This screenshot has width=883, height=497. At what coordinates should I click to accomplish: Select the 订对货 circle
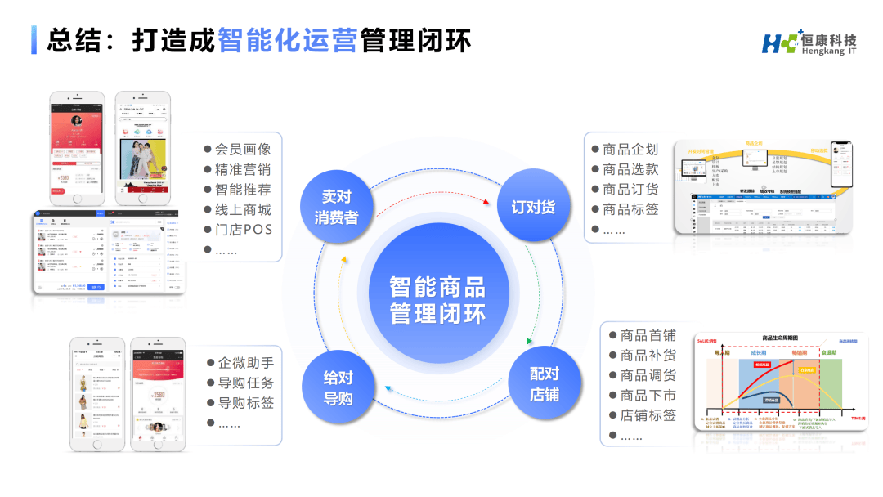click(x=533, y=207)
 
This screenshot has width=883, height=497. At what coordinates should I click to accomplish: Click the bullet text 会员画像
click(x=242, y=150)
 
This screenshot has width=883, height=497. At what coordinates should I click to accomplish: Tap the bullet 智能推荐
click(x=242, y=190)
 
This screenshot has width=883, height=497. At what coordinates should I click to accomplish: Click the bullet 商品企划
click(x=630, y=150)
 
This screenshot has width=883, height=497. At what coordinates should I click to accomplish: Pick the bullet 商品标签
click(x=630, y=209)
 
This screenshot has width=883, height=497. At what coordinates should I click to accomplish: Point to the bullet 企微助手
click(x=245, y=363)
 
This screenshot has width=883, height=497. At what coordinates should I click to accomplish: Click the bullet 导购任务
click(x=245, y=383)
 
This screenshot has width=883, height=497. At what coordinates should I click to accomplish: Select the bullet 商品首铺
click(x=648, y=336)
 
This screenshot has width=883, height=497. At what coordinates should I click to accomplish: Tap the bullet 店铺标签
click(x=648, y=415)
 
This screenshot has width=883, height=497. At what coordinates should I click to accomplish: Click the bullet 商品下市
click(x=648, y=396)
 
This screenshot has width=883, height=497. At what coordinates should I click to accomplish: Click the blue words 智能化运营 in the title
click(x=287, y=41)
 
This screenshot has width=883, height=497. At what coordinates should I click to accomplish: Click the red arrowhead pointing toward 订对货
click(x=487, y=201)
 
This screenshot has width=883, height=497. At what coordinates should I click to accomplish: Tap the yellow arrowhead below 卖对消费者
click(x=344, y=261)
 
